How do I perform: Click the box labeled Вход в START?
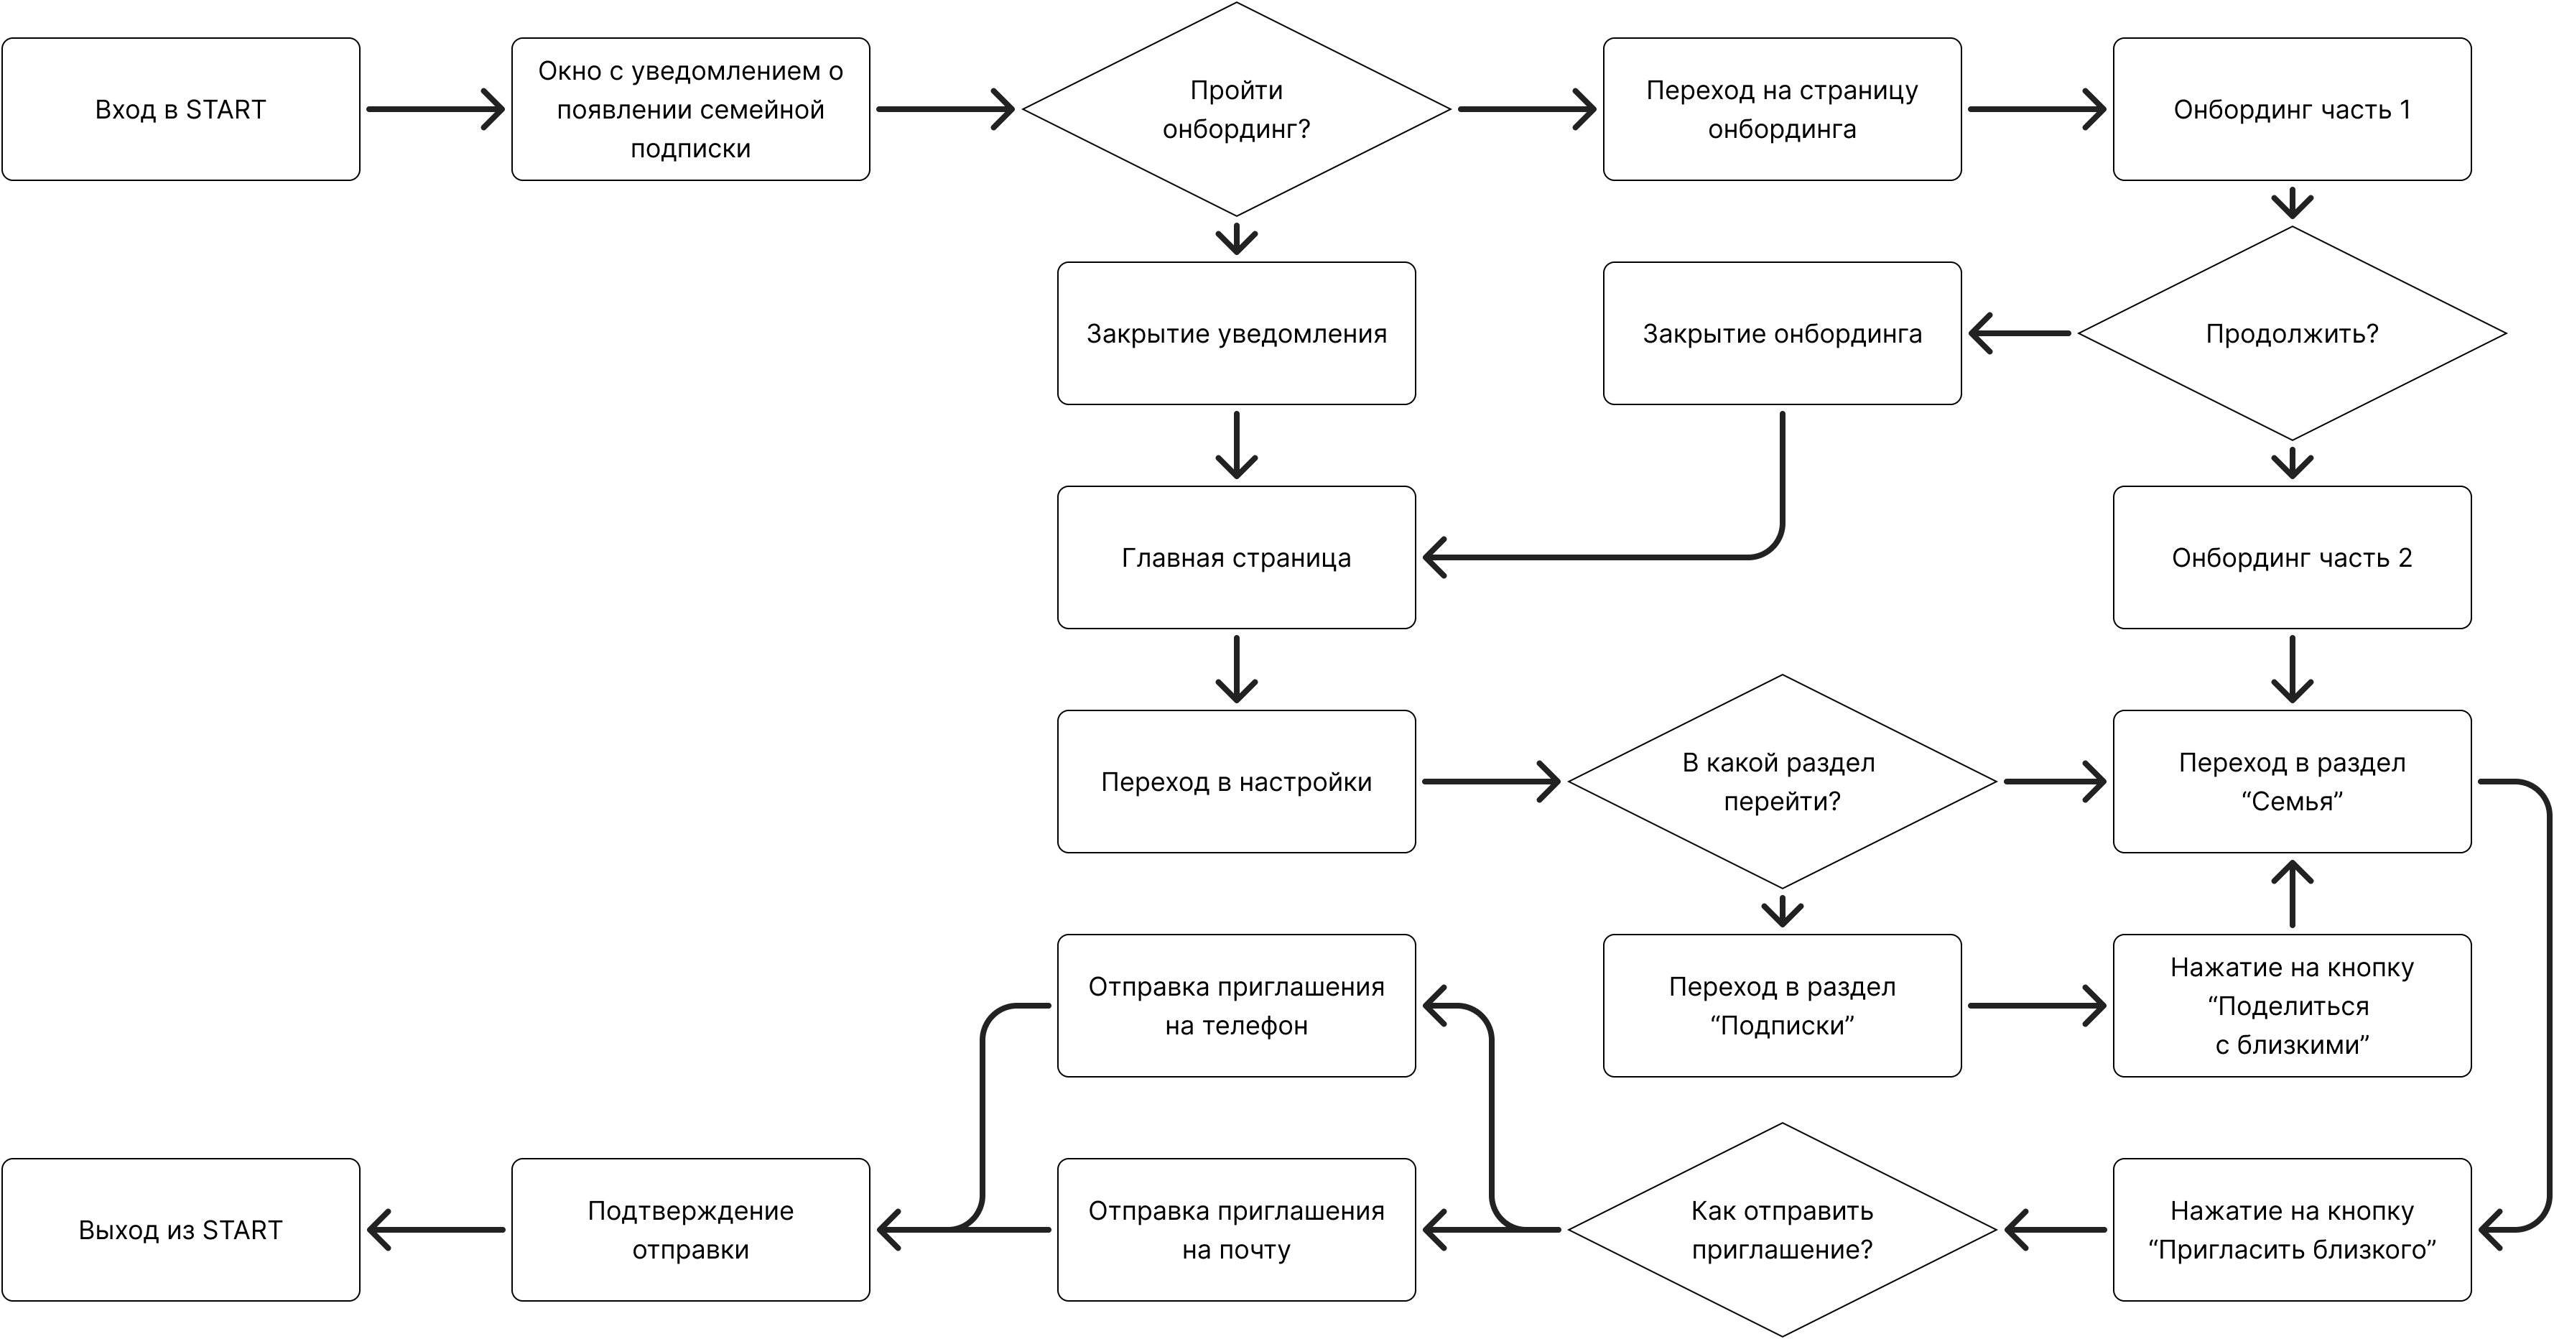coord(180,109)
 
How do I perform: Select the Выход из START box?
coord(180,1230)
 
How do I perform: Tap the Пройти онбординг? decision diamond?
coord(1236,109)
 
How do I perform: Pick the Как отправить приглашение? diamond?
coord(1782,1230)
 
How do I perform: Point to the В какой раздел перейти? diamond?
coord(1782,782)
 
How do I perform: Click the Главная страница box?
coord(1236,557)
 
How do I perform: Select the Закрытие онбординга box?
coord(1782,333)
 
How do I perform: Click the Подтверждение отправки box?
coord(690,1230)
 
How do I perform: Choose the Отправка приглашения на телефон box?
coord(1236,1006)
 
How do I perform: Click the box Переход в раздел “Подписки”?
coord(1782,1006)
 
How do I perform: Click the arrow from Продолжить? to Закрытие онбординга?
coord(2019,333)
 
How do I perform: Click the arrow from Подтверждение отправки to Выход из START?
coord(436,1230)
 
